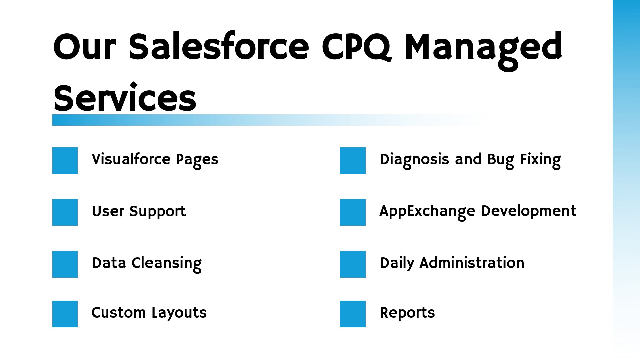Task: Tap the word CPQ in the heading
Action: pyautogui.click(x=356, y=47)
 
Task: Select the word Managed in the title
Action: pyautogui.click(x=483, y=50)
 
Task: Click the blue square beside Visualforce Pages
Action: pyautogui.click(x=65, y=161)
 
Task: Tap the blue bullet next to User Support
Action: pyautogui.click(x=65, y=212)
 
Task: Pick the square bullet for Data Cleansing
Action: pyautogui.click(x=65, y=264)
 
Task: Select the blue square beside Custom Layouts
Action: pyautogui.click(x=65, y=314)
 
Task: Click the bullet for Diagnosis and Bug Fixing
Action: pyautogui.click(x=353, y=161)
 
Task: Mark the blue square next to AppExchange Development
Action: pyautogui.click(x=353, y=212)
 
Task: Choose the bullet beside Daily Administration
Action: pyautogui.click(x=353, y=264)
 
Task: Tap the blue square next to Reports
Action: pyautogui.click(x=353, y=314)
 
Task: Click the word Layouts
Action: pyautogui.click(x=179, y=313)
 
